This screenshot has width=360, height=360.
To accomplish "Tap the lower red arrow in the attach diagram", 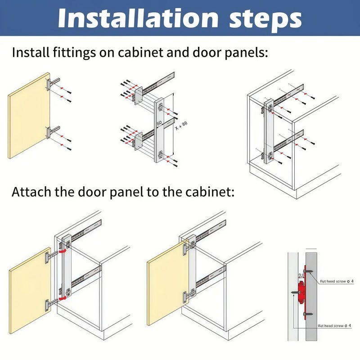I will click(x=63, y=297).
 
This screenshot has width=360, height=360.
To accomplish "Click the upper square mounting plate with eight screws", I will click(x=138, y=95).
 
